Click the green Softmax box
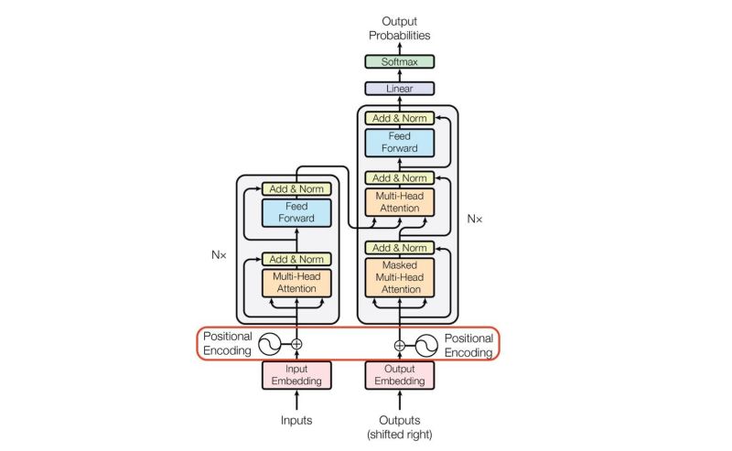[x=399, y=62]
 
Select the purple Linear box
[x=399, y=89]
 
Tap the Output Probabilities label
[x=399, y=28]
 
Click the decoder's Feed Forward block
[x=399, y=142]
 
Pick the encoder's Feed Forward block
[x=296, y=212]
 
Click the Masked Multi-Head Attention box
[x=399, y=276]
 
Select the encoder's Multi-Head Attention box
[x=296, y=282]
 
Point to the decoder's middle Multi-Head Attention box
[x=399, y=202]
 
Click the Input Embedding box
[x=296, y=375]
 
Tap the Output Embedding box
[x=399, y=375]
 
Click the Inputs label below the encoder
[x=296, y=421]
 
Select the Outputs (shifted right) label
[x=399, y=426]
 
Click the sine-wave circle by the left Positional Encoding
[x=270, y=344]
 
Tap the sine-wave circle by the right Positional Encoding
[x=427, y=345]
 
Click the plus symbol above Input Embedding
[x=296, y=344]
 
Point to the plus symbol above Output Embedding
[x=399, y=345]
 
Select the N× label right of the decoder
[x=474, y=219]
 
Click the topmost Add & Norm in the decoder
[x=399, y=118]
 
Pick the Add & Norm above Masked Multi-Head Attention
[x=399, y=248]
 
